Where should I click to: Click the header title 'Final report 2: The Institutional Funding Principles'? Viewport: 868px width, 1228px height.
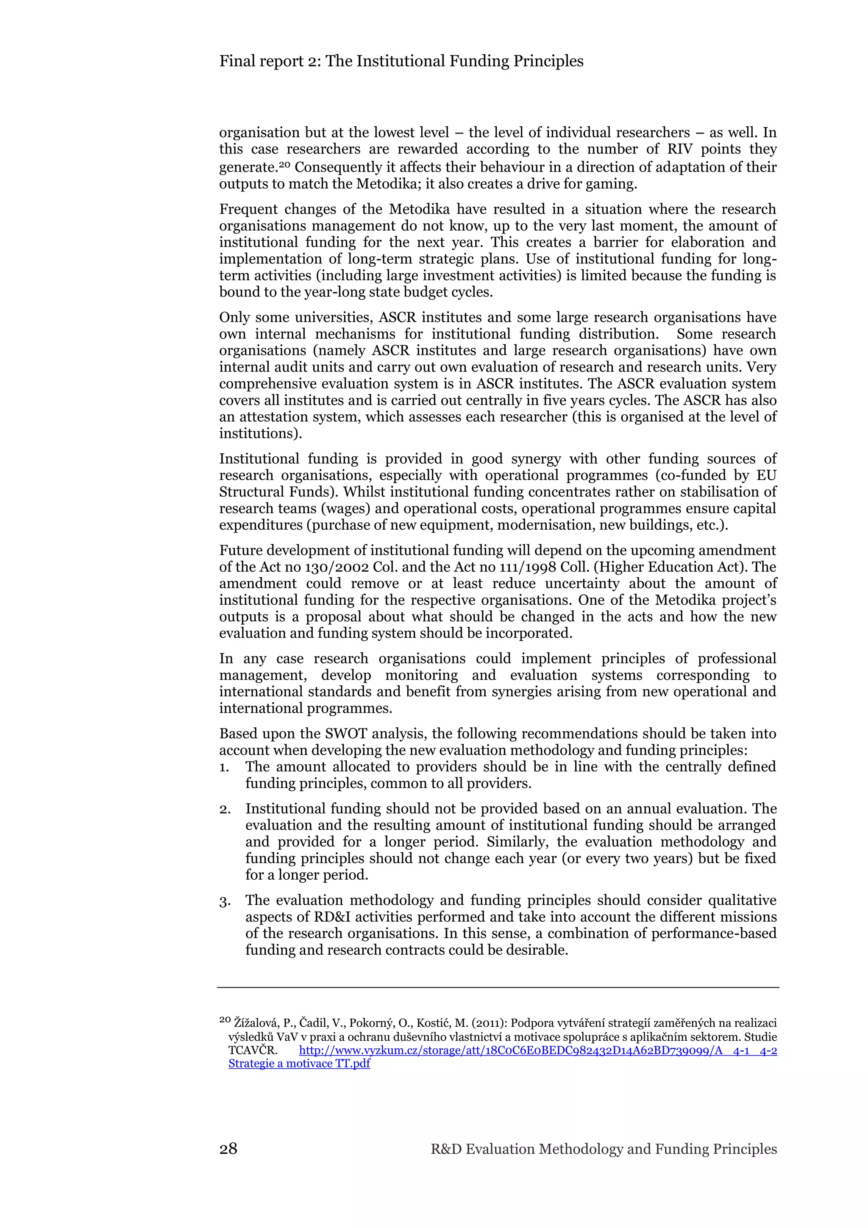pyautogui.click(x=401, y=61)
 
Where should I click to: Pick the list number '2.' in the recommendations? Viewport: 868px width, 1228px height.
pyautogui.click(x=225, y=809)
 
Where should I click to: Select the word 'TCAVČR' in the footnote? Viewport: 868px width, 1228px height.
pyautogui.click(x=251, y=1050)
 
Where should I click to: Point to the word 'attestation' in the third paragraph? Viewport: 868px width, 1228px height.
pyautogui.click(x=278, y=417)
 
